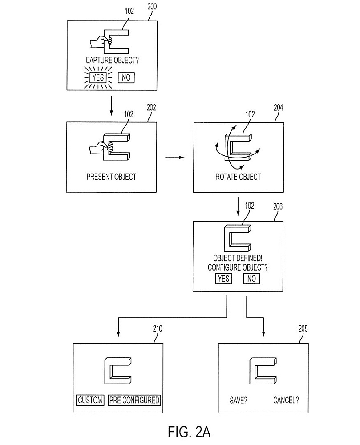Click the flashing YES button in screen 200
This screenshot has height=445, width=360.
click(x=98, y=77)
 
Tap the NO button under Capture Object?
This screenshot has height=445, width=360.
click(x=126, y=77)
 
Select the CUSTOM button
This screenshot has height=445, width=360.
click(x=90, y=400)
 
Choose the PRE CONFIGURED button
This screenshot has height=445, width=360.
click(x=134, y=400)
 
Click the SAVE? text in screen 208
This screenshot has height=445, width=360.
click(x=239, y=400)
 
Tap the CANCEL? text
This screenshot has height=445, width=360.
click(x=286, y=400)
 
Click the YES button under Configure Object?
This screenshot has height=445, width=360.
click(x=223, y=279)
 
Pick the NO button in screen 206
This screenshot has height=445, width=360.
click(x=251, y=279)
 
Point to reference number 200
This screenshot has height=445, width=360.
click(x=152, y=7)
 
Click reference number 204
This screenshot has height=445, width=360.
click(x=278, y=108)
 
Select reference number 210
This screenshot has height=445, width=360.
click(x=158, y=329)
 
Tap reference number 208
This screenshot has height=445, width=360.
click(x=303, y=328)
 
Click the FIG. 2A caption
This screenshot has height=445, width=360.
click(x=189, y=432)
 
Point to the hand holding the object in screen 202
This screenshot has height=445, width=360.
click(x=101, y=148)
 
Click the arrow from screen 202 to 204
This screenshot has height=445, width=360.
click(x=175, y=157)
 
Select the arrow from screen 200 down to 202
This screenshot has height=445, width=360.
click(x=111, y=106)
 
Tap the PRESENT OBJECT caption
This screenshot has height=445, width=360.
click(x=111, y=177)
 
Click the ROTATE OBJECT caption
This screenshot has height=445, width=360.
click(x=239, y=177)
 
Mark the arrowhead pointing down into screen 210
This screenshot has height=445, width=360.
click(x=118, y=334)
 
